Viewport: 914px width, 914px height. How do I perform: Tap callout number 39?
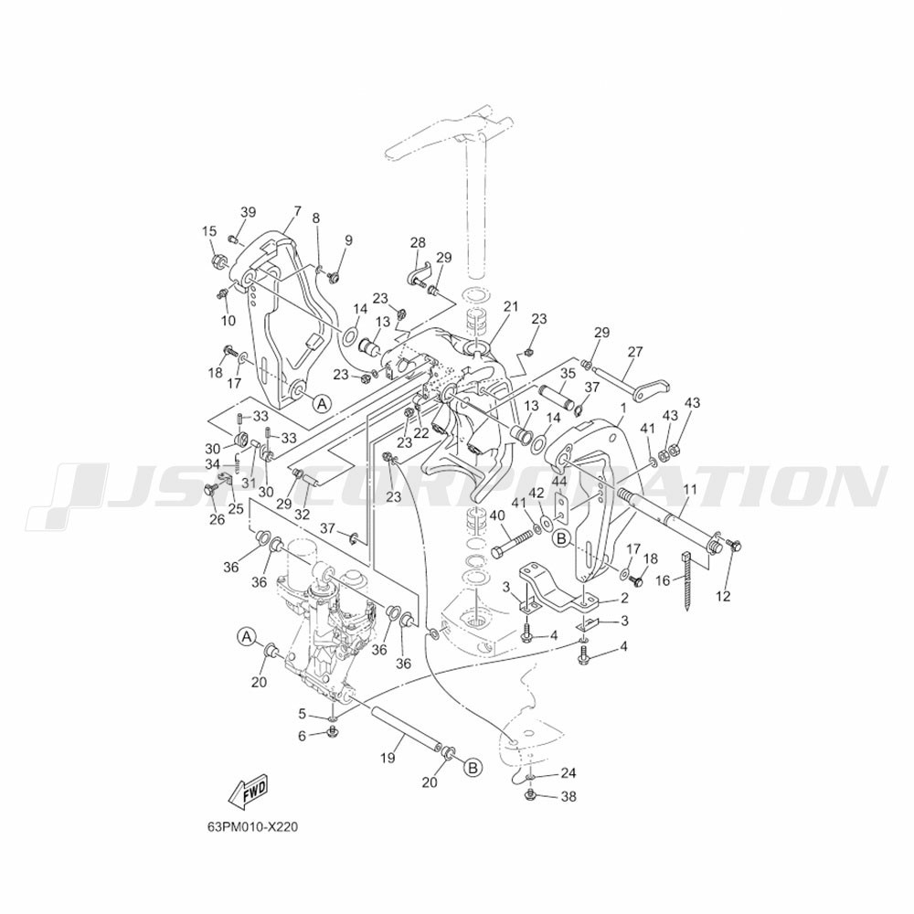pyautogui.click(x=248, y=212)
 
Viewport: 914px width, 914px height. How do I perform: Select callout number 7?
pyautogui.click(x=297, y=211)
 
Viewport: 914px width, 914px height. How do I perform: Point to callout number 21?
pyautogui.click(x=511, y=306)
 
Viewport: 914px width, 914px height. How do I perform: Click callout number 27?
pyautogui.click(x=635, y=352)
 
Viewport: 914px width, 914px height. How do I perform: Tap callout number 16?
pyautogui.click(x=663, y=580)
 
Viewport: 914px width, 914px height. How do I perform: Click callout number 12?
pyautogui.click(x=723, y=597)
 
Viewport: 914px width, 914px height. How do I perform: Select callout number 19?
pyautogui.click(x=388, y=758)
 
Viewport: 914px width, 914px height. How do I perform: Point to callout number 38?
pyautogui.click(x=569, y=796)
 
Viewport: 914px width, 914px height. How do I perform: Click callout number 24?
pyautogui.click(x=569, y=773)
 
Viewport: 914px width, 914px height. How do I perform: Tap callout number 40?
pyautogui.click(x=497, y=515)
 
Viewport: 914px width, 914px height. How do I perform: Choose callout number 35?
pyautogui.click(x=568, y=374)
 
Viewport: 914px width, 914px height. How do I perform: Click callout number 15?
pyautogui.click(x=209, y=231)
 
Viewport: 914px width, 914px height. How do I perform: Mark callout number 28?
pyautogui.click(x=418, y=242)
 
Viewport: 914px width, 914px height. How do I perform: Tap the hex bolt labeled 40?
pyautogui.click(x=513, y=543)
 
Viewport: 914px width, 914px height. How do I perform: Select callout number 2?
pyautogui.click(x=623, y=598)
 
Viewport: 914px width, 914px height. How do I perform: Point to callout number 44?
pyautogui.click(x=559, y=482)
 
